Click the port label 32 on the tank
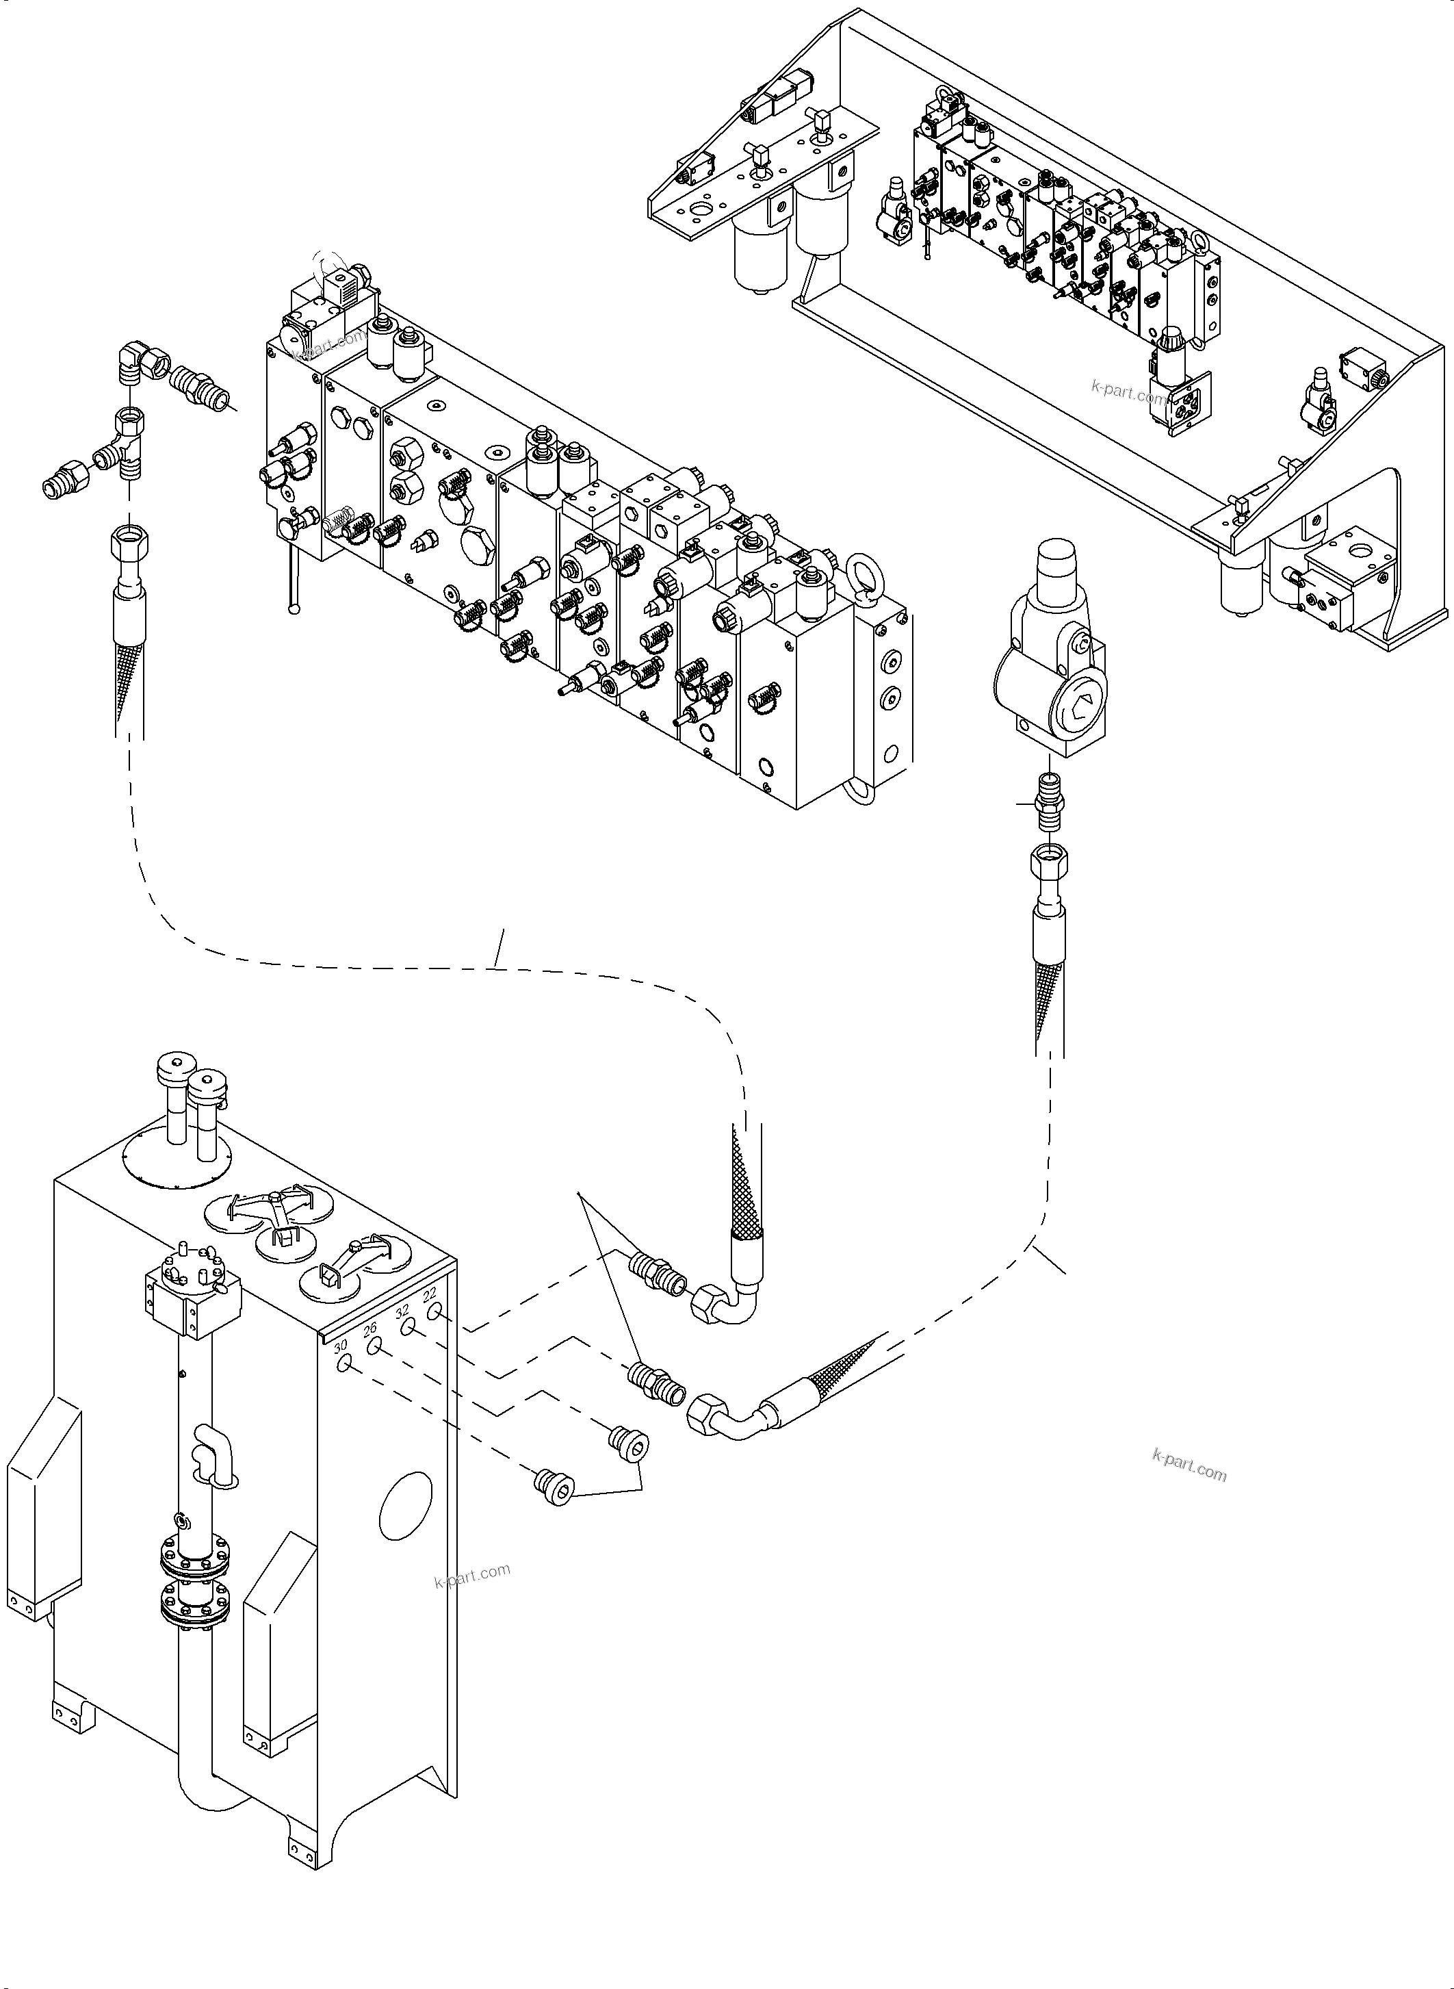coord(402,1311)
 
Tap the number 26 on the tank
coord(369,1329)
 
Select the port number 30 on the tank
coord(340,1346)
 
